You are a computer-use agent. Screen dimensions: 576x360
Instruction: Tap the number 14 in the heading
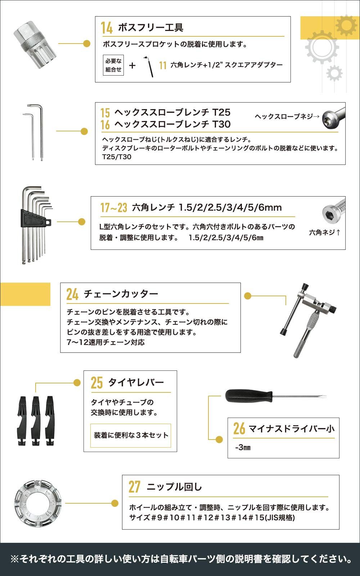(107, 28)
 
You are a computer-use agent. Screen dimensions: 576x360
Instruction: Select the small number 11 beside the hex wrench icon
(163, 65)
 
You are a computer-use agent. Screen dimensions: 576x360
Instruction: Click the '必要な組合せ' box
(113, 65)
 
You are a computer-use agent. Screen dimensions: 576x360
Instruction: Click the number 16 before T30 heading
(105, 125)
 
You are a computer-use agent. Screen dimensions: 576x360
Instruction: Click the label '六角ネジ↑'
(324, 233)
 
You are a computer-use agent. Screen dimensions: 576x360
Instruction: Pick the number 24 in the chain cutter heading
(72, 294)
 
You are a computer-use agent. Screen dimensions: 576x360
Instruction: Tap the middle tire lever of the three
(36, 420)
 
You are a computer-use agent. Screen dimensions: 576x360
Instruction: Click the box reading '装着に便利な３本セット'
(131, 435)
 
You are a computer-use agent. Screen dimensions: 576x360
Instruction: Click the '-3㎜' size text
(243, 447)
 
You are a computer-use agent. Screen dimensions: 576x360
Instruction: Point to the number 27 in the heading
(134, 487)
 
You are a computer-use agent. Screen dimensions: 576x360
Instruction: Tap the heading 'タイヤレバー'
(136, 382)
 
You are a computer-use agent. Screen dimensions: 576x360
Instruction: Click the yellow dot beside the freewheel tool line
(86, 44)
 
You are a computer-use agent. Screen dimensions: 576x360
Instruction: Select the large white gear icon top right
(321, 47)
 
